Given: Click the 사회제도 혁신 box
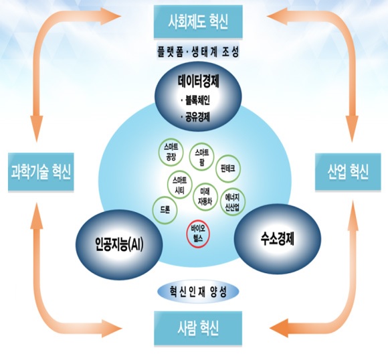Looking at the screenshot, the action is tap(198, 22).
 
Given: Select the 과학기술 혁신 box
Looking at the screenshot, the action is tap(41, 172).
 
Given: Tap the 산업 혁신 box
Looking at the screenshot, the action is tap(348, 172).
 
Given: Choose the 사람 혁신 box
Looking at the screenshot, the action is tap(198, 329).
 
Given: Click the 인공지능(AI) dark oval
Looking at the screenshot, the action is tap(119, 245).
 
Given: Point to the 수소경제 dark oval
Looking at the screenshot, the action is tap(278, 239).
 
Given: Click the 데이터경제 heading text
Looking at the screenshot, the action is tap(199, 81).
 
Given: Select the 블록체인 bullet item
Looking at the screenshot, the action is tap(195, 100).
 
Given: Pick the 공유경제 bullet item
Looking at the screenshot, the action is tap(195, 116).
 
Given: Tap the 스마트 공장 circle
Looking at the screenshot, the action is tap(171, 152).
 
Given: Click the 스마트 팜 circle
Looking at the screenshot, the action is tap(201, 157).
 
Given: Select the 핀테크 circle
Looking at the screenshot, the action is tap(228, 169).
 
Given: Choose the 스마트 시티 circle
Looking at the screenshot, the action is tap(180, 186).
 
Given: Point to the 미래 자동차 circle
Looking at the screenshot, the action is tap(205, 197).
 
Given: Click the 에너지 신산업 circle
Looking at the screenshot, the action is tap(232, 202).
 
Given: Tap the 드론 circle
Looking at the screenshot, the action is tap(165, 210).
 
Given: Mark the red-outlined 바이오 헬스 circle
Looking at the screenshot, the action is tap(198, 234).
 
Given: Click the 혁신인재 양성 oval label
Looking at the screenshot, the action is tap(198, 292).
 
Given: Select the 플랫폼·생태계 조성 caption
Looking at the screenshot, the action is tap(198, 52).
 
